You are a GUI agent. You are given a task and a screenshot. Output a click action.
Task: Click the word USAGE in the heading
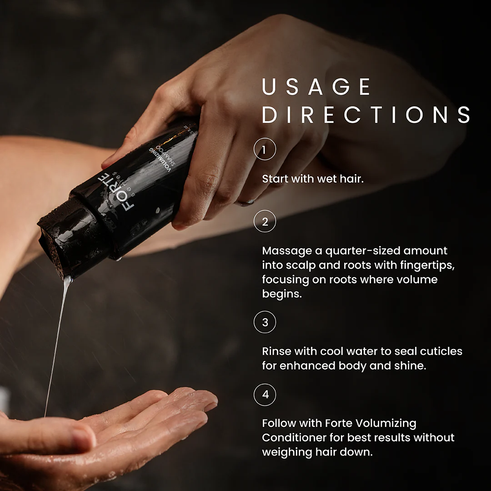316,87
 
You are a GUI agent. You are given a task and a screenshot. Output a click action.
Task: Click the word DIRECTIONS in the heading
366,115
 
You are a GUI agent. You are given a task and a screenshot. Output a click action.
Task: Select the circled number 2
265,222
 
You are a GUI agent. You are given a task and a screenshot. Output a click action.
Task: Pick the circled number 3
265,322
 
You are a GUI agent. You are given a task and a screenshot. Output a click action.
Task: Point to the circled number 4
265,394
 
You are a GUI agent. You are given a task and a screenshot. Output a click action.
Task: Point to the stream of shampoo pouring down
56,341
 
